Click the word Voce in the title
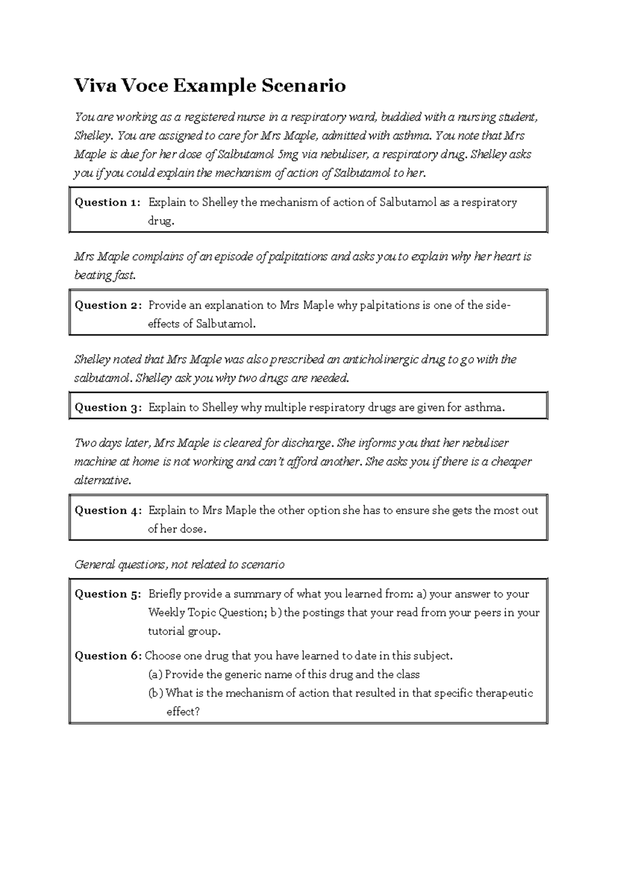(x=144, y=85)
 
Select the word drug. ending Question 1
(x=161, y=221)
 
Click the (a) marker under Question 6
(x=155, y=674)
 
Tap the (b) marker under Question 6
(x=155, y=693)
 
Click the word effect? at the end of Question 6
(x=183, y=712)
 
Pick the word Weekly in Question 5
(x=166, y=612)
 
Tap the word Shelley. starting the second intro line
(x=93, y=136)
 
